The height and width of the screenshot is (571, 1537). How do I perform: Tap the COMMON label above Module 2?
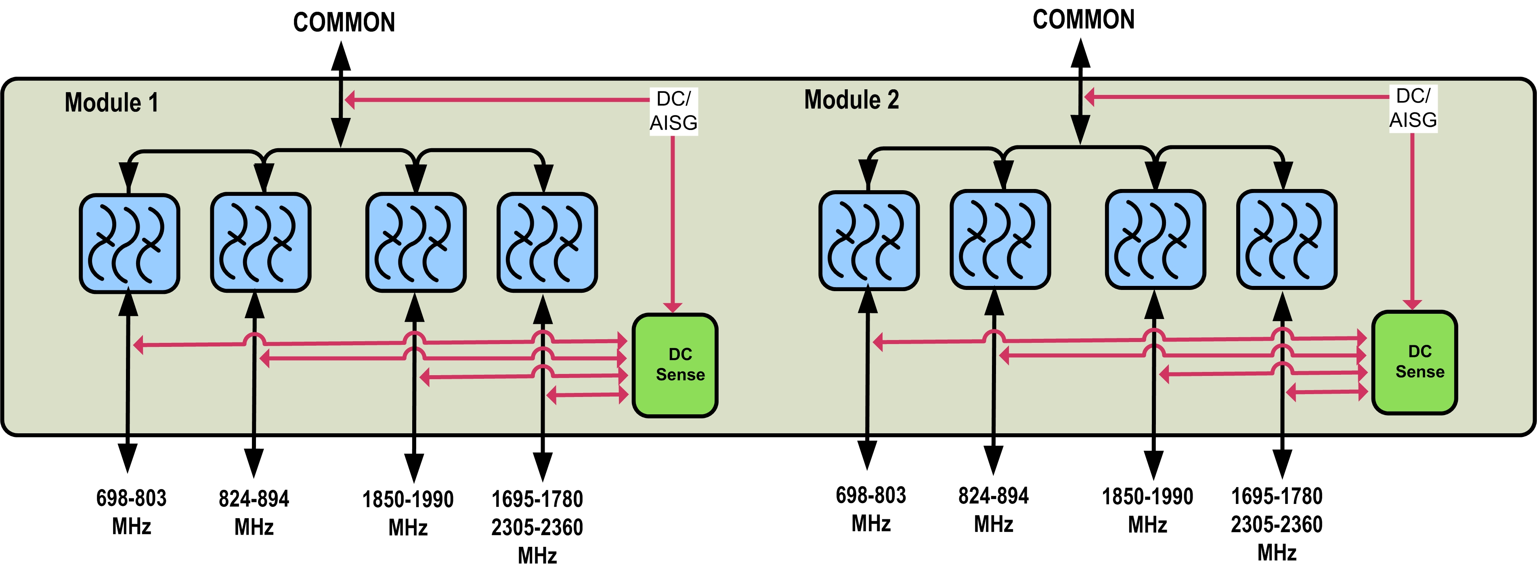click(x=1084, y=20)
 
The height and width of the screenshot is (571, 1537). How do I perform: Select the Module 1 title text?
click(x=111, y=103)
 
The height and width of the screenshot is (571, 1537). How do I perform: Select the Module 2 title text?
click(x=851, y=100)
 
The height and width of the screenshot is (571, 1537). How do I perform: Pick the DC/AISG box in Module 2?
click(x=1413, y=108)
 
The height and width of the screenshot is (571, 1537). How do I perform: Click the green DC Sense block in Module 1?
click(x=675, y=365)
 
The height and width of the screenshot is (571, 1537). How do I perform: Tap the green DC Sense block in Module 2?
click(x=1415, y=361)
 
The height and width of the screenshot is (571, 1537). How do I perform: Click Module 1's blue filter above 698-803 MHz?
click(x=130, y=243)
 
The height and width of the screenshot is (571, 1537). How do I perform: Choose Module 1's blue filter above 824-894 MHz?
click(x=261, y=241)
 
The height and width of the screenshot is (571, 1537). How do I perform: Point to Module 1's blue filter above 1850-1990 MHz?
click(x=416, y=241)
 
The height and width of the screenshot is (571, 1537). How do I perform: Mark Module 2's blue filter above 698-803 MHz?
click(x=869, y=240)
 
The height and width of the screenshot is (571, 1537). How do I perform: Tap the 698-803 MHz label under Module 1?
click(x=131, y=512)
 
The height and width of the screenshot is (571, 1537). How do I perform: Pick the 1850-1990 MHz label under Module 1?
click(x=408, y=513)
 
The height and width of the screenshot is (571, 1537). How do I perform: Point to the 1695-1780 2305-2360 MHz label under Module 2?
click(x=1277, y=524)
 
